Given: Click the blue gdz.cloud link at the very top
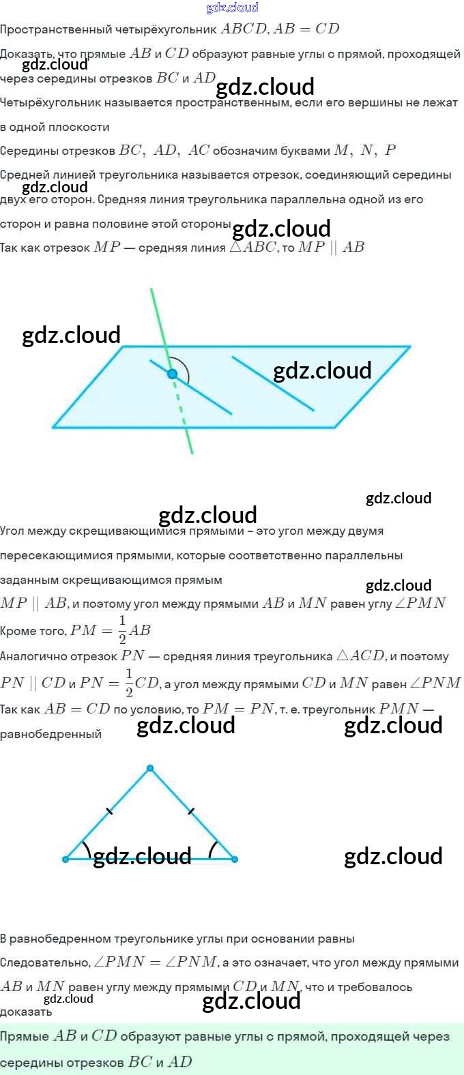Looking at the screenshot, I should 232,8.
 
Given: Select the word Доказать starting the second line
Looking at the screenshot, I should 25,54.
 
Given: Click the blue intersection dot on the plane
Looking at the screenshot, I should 172,374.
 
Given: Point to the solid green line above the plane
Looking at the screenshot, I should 159,321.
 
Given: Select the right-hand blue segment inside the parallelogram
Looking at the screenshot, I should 273,383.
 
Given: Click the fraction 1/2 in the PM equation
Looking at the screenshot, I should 123,630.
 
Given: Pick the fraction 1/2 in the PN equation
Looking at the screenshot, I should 129,683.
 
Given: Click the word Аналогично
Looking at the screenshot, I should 29,656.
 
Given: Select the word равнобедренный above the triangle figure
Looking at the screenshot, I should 50,735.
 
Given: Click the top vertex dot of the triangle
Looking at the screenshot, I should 150,768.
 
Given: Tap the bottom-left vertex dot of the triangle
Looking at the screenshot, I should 66,859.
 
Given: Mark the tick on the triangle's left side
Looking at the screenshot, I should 109,811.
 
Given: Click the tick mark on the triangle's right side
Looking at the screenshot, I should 191,811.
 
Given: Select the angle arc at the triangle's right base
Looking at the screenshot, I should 212,850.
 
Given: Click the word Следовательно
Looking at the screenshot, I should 45,962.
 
